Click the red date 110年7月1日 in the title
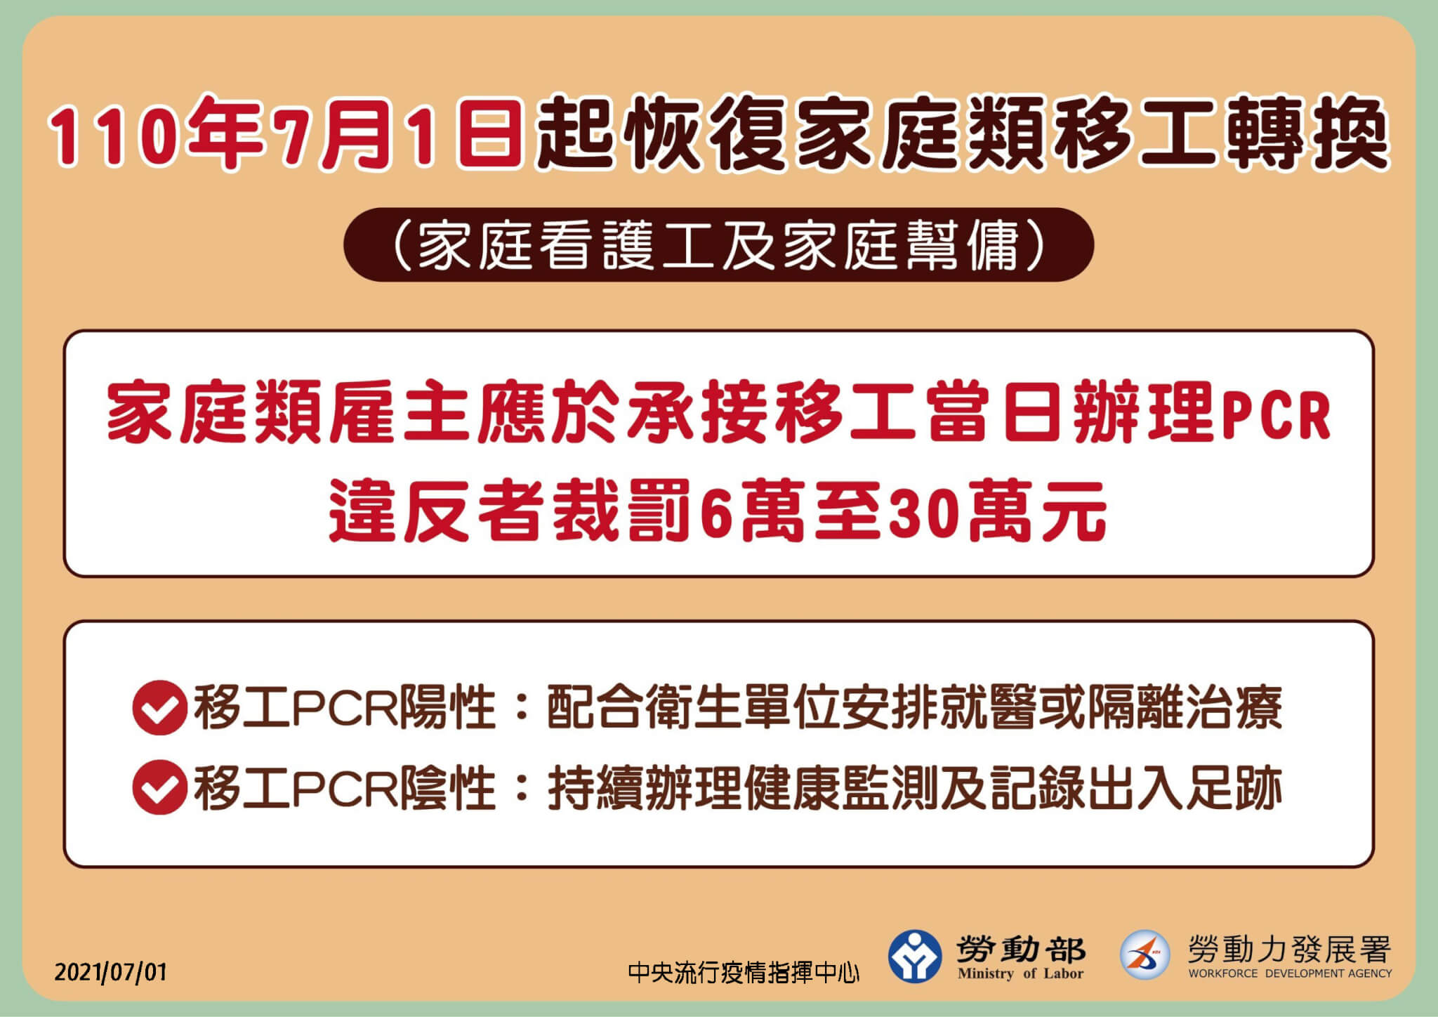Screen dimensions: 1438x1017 tap(286, 134)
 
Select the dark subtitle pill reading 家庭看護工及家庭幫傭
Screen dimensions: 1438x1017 tap(718, 245)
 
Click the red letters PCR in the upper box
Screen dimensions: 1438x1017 tap(1277, 416)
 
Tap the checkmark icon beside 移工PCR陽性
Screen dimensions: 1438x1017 tap(159, 708)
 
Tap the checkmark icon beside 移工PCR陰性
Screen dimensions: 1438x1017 tap(159, 787)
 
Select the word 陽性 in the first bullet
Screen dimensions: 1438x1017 tap(447, 708)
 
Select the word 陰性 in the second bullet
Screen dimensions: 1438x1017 tap(447, 787)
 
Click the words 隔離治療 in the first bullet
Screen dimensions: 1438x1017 tap(1185, 708)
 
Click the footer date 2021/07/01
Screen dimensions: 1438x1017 tap(111, 972)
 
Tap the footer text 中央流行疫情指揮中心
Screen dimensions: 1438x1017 tap(744, 973)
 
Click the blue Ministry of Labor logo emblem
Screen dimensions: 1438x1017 tap(914, 956)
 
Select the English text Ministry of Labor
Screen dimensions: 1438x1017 tap(1020, 973)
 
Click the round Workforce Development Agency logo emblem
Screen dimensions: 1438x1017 tap(1145, 954)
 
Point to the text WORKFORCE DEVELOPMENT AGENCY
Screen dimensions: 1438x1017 tap(1290, 973)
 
